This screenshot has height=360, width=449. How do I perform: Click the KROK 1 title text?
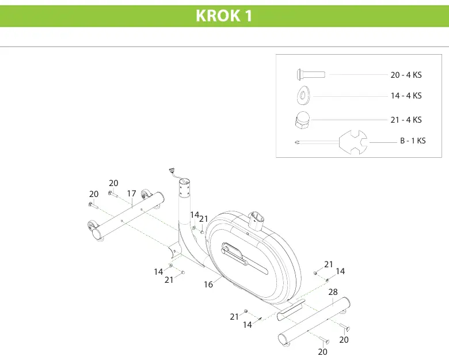pos(224,16)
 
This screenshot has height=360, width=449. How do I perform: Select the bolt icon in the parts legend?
pos(311,74)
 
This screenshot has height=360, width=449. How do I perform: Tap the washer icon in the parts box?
pos(303,96)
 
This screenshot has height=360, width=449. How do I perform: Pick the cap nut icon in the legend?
pos(302,120)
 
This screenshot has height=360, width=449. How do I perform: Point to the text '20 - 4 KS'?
pos(406,75)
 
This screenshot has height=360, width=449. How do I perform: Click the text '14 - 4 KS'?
pos(406,96)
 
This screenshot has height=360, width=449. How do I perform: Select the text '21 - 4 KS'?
pos(406,120)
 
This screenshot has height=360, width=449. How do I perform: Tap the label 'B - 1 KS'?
pos(413,141)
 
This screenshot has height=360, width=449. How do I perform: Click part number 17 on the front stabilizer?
pos(131,194)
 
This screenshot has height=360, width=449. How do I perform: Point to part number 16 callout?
pos(208,285)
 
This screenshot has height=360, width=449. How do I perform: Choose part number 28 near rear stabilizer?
pos(333,292)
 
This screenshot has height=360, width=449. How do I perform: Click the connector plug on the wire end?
pos(172,170)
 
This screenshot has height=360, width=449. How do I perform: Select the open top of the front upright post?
pos(184,181)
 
